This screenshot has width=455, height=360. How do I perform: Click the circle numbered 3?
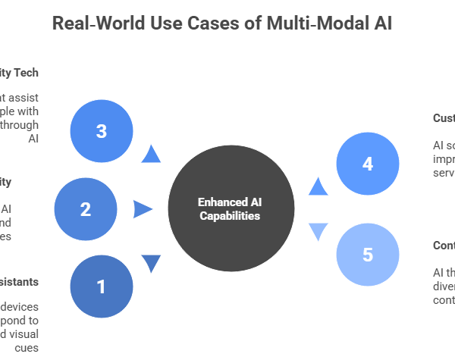click(x=101, y=131)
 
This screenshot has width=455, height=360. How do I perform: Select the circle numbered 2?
click(x=86, y=209)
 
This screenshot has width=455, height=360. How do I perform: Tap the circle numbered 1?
click(x=101, y=286)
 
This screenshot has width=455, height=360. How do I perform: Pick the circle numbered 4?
click(x=368, y=163)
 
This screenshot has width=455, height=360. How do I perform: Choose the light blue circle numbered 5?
click(x=368, y=255)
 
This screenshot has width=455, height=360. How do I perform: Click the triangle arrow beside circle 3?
click(x=152, y=155)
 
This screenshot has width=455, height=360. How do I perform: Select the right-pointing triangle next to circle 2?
click(x=142, y=209)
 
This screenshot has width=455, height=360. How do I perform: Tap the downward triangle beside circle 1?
click(x=152, y=262)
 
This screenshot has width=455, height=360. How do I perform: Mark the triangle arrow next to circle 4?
click(x=318, y=186)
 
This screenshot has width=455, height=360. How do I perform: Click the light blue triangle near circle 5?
click(x=318, y=231)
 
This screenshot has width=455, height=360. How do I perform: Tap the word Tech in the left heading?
click(x=25, y=73)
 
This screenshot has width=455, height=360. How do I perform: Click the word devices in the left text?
click(x=20, y=307)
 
